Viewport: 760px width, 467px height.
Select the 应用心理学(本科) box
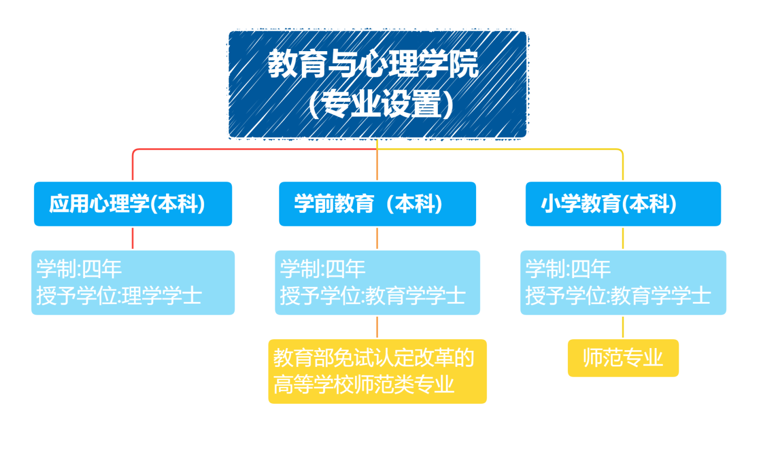coord(133,204)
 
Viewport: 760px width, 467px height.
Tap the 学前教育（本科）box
coord(377,204)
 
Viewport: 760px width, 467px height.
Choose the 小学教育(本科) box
coord(623,204)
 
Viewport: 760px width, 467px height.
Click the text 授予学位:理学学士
coord(119,296)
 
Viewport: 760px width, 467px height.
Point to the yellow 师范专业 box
coord(623,358)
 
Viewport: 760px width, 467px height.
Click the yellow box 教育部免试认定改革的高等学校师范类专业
coord(377,372)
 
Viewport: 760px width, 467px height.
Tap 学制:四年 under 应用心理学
coord(79,269)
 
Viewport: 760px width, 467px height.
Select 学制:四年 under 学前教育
coord(323,269)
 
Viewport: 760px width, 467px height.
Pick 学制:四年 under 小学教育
coord(568,269)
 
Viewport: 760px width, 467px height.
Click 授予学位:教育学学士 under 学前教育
coord(373,296)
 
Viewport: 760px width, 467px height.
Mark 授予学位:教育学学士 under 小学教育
coord(618,296)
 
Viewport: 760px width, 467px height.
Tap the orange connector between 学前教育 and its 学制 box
coord(377,238)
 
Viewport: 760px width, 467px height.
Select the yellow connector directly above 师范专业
coord(623,327)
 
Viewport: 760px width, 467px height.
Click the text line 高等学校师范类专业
coord(364,385)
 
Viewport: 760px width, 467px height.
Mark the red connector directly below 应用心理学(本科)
coord(133,238)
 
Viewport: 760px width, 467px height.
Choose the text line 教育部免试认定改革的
coord(374,358)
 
